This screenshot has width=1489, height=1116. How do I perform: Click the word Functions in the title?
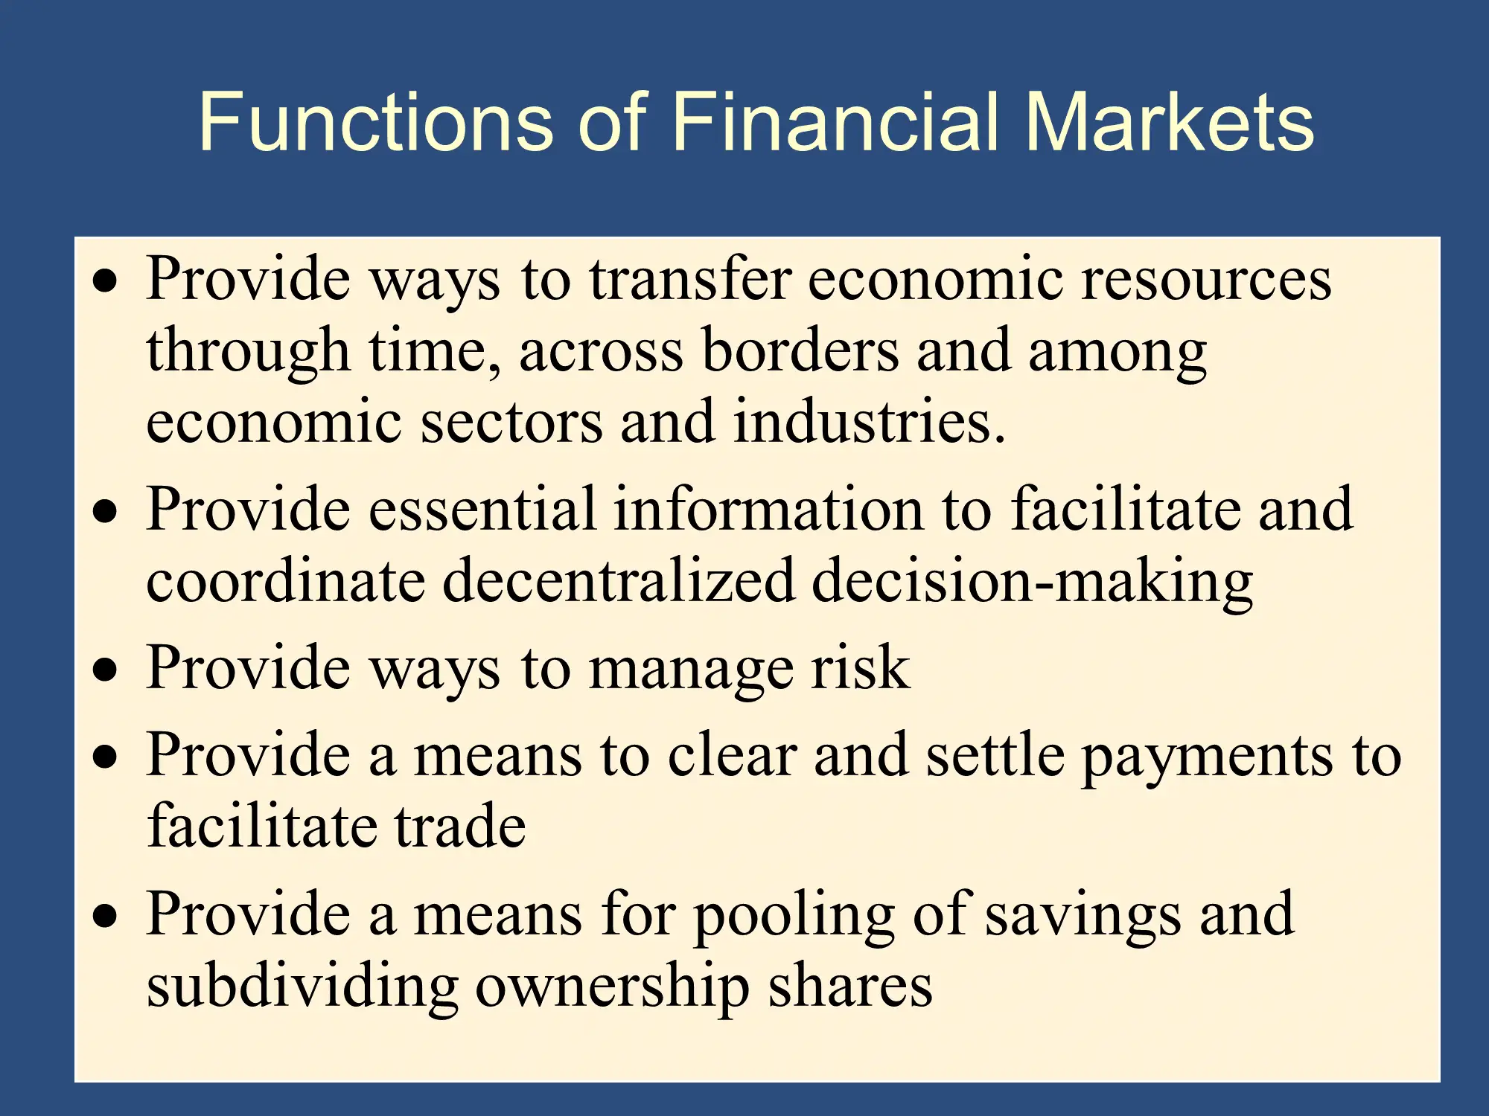(376, 121)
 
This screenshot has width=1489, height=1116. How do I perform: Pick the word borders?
(800, 350)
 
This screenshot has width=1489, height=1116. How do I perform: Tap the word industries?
(870, 421)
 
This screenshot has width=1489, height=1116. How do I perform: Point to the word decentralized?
(619, 580)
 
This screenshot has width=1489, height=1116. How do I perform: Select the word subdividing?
(302, 989)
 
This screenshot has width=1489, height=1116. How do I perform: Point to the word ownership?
(612, 989)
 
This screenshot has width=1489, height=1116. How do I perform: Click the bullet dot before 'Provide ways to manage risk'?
(106, 669)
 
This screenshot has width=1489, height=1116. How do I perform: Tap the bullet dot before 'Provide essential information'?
(106, 511)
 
